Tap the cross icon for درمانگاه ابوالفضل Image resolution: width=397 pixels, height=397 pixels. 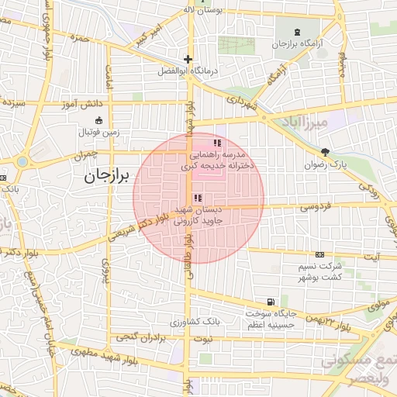[x=187, y=59]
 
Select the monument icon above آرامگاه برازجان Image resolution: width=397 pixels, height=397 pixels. [x=298, y=33]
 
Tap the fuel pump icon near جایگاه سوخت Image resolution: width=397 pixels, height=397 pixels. [x=269, y=302]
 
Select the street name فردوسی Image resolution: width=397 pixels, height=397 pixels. [x=315, y=206]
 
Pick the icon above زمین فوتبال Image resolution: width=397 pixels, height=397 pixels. [x=98, y=120]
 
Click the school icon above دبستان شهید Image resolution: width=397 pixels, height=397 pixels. [x=197, y=198]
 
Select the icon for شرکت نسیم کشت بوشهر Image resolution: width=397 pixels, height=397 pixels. [x=320, y=254]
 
